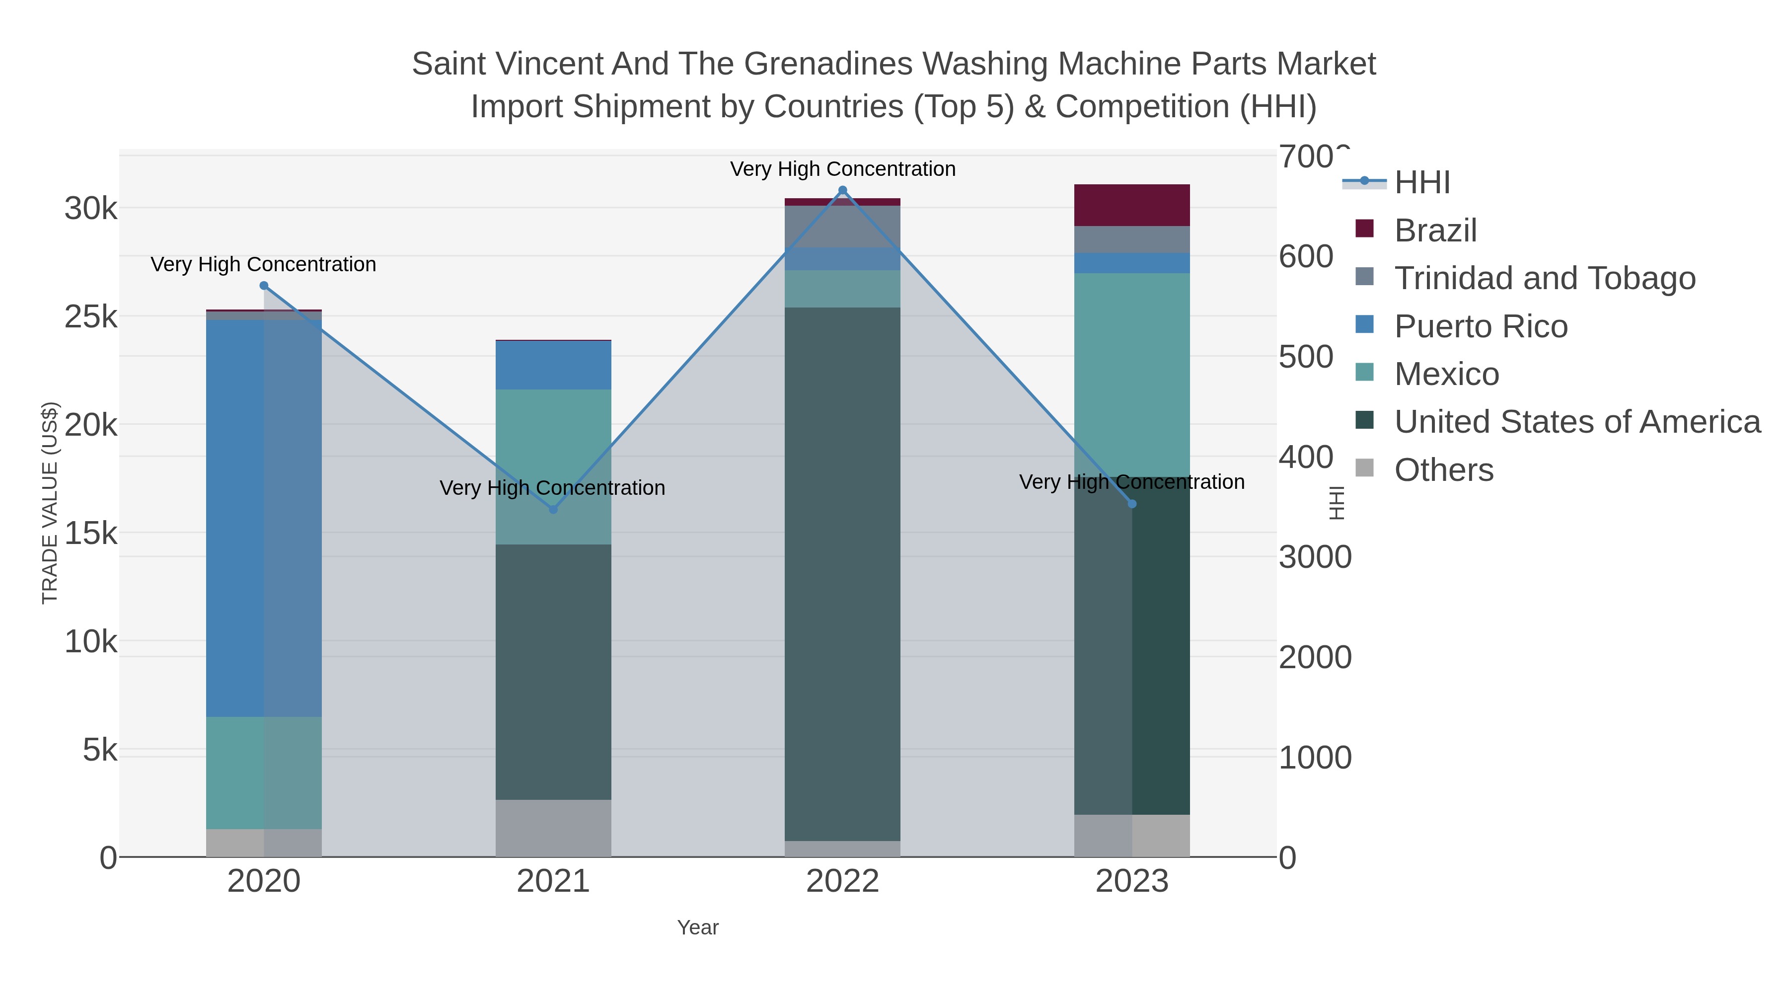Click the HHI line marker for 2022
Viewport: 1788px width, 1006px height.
coord(843,190)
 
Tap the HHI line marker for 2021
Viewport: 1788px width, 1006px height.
coord(553,510)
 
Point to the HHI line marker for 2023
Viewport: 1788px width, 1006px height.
coord(1132,504)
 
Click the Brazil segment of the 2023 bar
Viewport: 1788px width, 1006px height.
coord(1132,206)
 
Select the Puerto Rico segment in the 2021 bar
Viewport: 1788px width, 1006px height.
coord(553,365)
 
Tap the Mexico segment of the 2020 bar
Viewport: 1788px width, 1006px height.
coord(264,773)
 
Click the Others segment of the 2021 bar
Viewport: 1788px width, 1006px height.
coord(553,828)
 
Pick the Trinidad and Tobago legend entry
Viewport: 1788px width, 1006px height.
coord(1544,278)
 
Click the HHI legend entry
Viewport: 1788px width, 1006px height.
coord(1421,183)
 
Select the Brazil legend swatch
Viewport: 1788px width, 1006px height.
coord(1365,229)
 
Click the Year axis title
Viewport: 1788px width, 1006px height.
coord(698,928)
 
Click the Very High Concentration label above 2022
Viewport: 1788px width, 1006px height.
coord(843,169)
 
